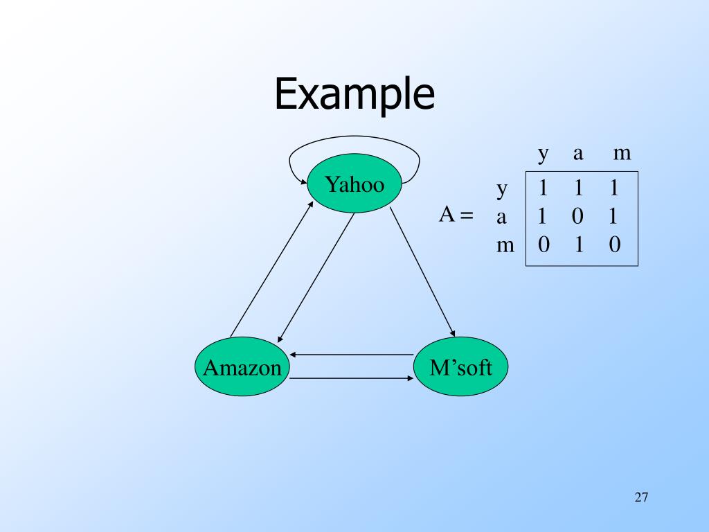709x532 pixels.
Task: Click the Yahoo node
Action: (x=354, y=184)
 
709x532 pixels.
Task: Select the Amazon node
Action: (x=242, y=367)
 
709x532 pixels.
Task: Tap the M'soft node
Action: (x=460, y=367)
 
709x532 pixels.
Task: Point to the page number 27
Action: (x=640, y=497)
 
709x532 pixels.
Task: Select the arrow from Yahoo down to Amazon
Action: (x=316, y=277)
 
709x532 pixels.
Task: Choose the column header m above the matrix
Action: (x=622, y=153)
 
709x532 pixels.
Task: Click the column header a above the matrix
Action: (x=577, y=153)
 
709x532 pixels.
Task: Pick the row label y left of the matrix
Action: (x=503, y=188)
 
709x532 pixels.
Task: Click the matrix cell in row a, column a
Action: (x=577, y=217)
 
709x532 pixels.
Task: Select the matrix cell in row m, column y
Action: (x=543, y=245)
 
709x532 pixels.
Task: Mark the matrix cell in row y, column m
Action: (x=613, y=188)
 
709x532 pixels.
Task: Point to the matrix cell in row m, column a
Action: (x=577, y=245)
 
